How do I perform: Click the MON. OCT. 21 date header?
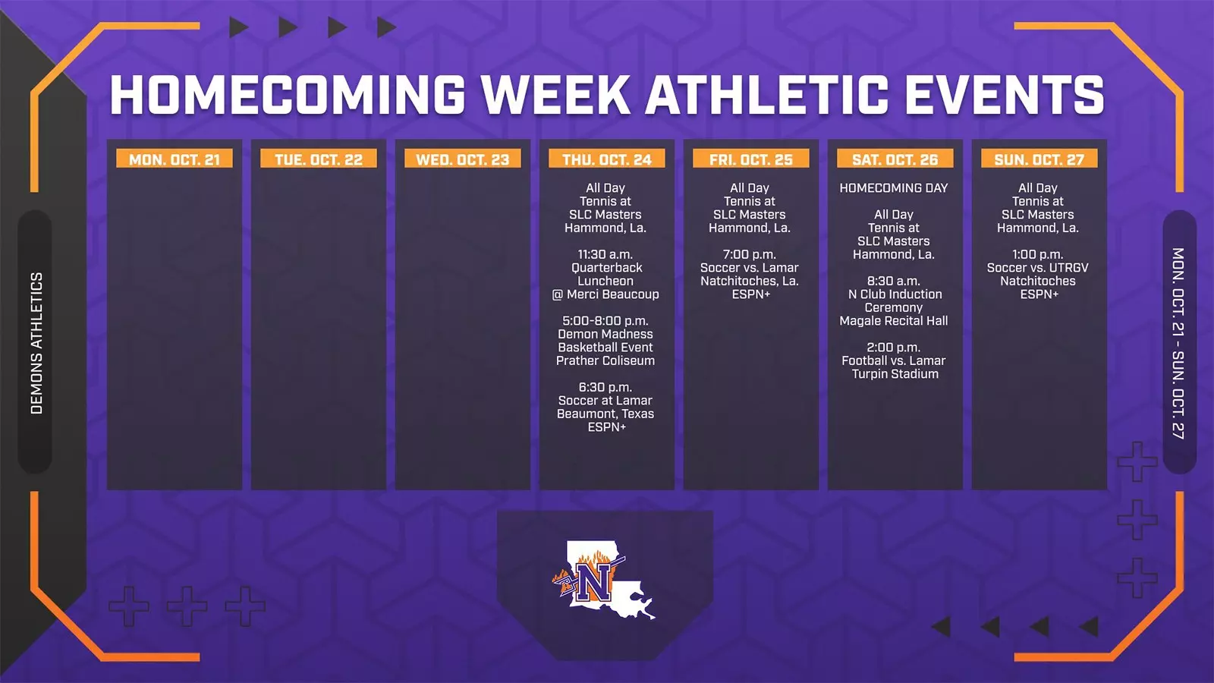[175, 159]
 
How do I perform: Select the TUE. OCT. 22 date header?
[319, 159]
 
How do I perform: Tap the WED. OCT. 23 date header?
[463, 159]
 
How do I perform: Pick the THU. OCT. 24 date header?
[607, 159]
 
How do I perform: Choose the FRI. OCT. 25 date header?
[751, 159]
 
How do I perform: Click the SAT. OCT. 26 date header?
[895, 159]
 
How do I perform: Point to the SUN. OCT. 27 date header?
[1039, 159]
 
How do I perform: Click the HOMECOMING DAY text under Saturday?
[894, 188]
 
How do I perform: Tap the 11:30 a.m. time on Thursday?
[605, 254]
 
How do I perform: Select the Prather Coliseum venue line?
[605, 360]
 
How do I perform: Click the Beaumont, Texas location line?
[605, 414]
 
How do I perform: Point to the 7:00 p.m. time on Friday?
[750, 254]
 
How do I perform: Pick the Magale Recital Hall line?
[894, 321]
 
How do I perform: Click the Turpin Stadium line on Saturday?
[895, 374]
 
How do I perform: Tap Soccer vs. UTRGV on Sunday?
[1038, 268]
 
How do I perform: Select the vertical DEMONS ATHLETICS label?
[36, 343]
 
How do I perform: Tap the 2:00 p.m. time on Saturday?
[894, 348]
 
